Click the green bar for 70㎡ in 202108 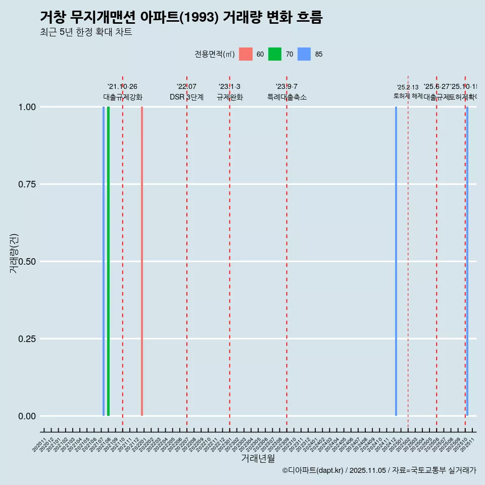pyautogui.click(x=108, y=261)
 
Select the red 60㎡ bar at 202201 pyautogui.click(x=142, y=261)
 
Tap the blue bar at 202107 pyautogui.click(x=104, y=261)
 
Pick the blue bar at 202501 pyautogui.click(x=396, y=261)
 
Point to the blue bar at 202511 pyautogui.click(x=467, y=261)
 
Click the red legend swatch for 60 pyautogui.click(x=246, y=54)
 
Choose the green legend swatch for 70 pyautogui.click(x=275, y=54)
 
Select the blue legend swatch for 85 pyautogui.click(x=304, y=54)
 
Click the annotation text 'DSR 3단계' pyautogui.click(x=186, y=98)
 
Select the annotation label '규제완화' pyautogui.click(x=230, y=98)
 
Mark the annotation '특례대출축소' pyautogui.click(x=287, y=98)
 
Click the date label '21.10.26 pyautogui.click(x=122, y=87)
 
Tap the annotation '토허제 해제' pyautogui.click(x=408, y=96)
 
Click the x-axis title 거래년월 pyautogui.click(x=258, y=459)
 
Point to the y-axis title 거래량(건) pyautogui.click(x=14, y=253)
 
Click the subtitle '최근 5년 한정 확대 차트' pyautogui.click(x=86, y=32)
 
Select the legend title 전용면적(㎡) pyautogui.click(x=214, y=54)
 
